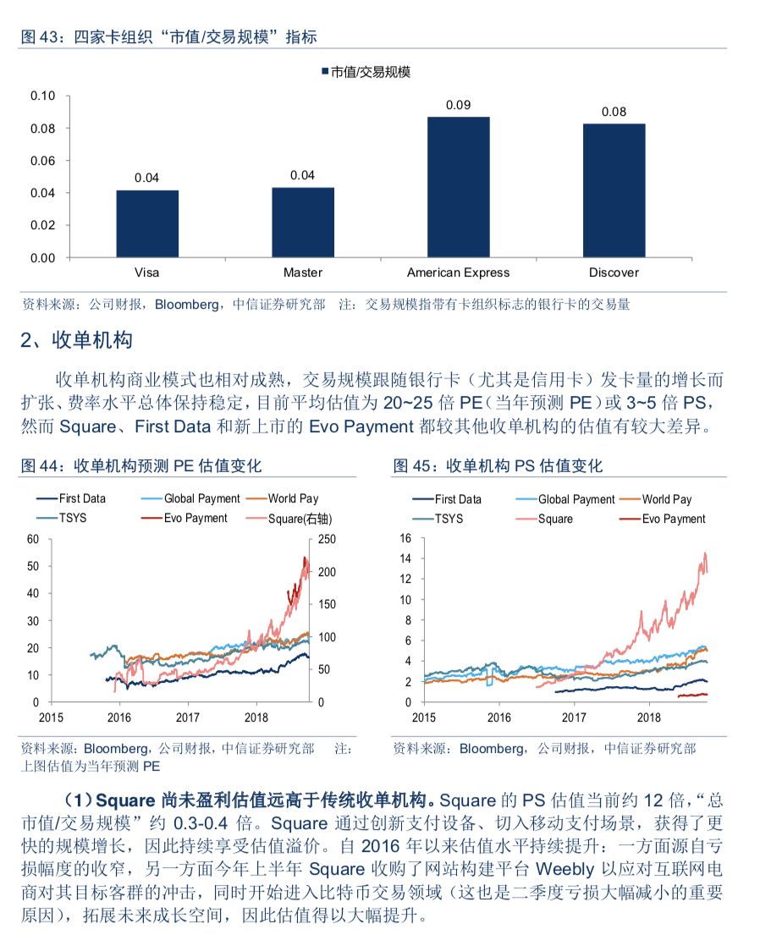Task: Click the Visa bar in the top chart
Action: coord(147,223)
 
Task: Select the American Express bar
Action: coord(458,187)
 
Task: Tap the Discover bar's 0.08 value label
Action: coord(614,112)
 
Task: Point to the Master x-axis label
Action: coord(302,272)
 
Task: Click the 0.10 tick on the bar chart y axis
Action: coord(42,96)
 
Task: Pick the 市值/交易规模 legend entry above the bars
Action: coord(365,72)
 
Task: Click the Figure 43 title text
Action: coord(168,36)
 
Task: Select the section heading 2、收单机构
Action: coord(77,340)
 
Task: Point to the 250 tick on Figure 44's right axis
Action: coord(327,539)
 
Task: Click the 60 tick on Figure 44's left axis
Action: coord(33,539)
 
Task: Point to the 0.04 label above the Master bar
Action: coord(302,175)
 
